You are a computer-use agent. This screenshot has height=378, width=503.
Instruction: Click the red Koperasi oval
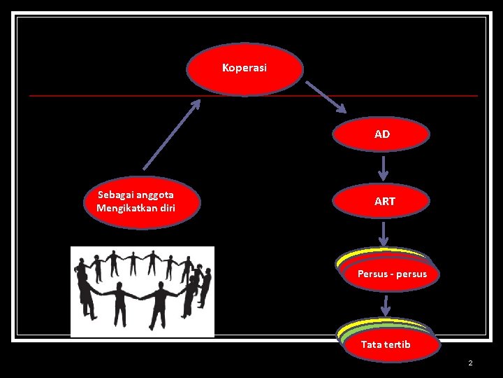(x=245, y=69)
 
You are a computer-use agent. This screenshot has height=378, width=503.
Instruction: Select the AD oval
(x=381, y=134)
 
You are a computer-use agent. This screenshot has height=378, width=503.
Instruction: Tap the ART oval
(x=384, y=201)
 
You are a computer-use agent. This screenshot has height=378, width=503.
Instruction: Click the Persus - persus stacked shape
(x=391, y=274)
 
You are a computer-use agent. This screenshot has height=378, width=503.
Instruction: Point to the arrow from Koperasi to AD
(x=326, y=96)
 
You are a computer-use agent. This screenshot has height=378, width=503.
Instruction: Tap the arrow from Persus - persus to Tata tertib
(x=386, y=304)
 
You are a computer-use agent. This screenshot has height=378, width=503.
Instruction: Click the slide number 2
(x=470, y=363)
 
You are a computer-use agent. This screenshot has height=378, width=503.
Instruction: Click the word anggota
(x=155, y=195)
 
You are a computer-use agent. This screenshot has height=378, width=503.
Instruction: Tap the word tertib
(x=398, y=344)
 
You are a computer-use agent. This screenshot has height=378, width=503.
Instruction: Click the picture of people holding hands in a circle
(x=143, y=291)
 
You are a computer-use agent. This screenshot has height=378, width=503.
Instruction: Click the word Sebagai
(x=117, y=195)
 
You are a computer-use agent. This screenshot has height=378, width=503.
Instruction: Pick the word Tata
(x=371, y=344)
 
